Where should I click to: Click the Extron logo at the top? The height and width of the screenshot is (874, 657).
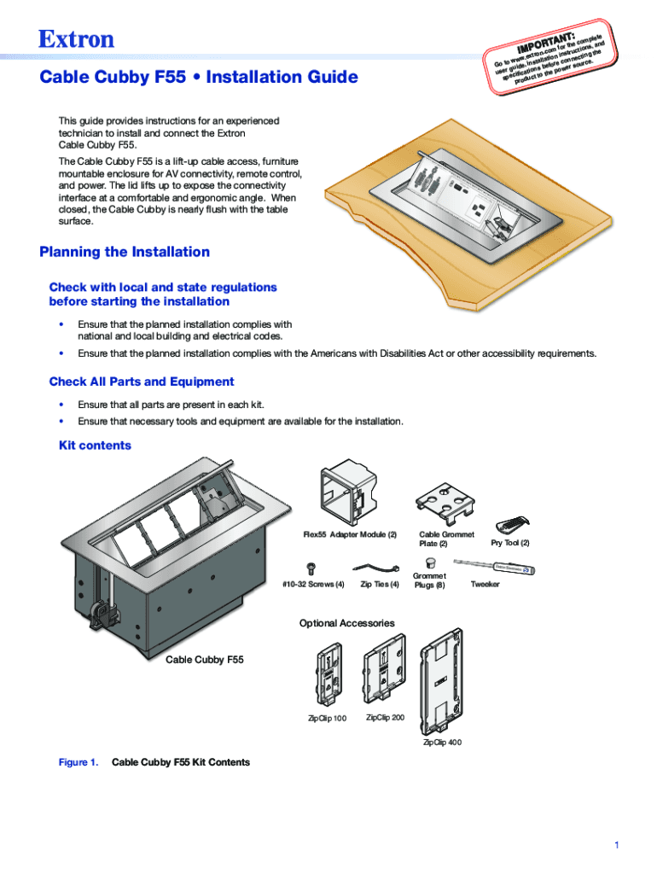(x=76, y=39)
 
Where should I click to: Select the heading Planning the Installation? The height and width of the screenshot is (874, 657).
(x=125, y=252)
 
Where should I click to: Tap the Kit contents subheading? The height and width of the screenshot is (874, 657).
(x=95, y=446)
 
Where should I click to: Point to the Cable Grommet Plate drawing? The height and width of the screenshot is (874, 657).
(x=445, y=505)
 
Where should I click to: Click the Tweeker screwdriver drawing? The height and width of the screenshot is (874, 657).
(x=491, y=566)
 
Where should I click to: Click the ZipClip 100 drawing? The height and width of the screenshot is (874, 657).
(x=328, y=675)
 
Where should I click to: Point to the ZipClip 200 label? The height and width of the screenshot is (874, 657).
(x=385, y=717)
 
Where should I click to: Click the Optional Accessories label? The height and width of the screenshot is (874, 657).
(x=346, y=623)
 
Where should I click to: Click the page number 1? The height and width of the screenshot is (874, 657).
(x=614, y=845)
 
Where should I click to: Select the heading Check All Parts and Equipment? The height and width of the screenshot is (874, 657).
(x=142, y=382)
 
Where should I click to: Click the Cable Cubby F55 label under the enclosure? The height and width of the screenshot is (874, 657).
(x=204, y=659)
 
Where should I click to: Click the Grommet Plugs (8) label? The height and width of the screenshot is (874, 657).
(x=429, y=580)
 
